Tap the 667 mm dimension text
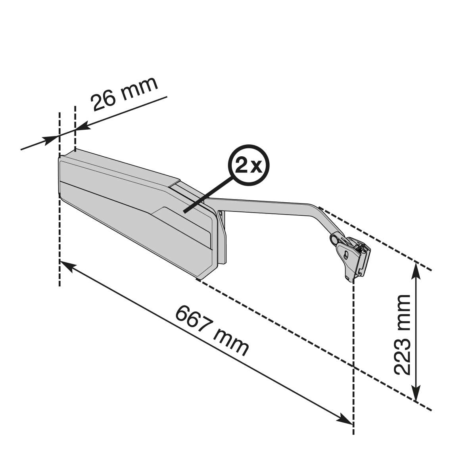[x=212, y=331]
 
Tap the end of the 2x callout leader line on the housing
[x=184, y=212]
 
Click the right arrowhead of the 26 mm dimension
[x=83, y=126]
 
